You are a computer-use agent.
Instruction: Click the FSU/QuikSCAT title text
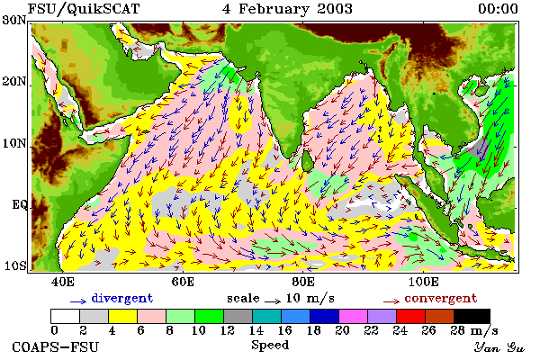click(x=84, y=9)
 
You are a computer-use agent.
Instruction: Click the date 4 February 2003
click(x=288, y=9)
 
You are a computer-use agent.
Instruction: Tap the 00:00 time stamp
click(x=498, y=9)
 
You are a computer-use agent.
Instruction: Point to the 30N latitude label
click(x=14, y=20)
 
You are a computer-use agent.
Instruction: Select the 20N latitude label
click(x=14, y=82)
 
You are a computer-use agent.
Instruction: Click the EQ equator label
click(x=19, y=205)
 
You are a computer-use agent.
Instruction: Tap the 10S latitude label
click(x=14, y=266)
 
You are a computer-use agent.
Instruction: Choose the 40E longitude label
click(x=62, y=282)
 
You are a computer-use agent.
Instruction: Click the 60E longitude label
click(x=183, y=282)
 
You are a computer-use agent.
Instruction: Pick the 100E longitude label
click(x=424, y=282)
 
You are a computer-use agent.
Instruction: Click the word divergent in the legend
click(x=121, y=298)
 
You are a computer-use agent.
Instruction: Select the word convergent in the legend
click(x=441, y=298)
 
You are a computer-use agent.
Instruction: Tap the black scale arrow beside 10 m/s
click(x=273, y=301)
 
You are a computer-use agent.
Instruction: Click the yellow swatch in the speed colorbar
click(x=123, y=316)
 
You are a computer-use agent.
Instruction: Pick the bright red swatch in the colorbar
click(x=410, y=316)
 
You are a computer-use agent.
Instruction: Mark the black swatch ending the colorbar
click(x=472, y=316)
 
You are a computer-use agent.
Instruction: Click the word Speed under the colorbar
click(x=270, y=346)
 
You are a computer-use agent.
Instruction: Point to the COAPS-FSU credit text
click(x=56, y=347)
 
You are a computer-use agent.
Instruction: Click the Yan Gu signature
click(x=499, y=347)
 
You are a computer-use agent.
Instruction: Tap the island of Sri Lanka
click(x=308, y=160)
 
